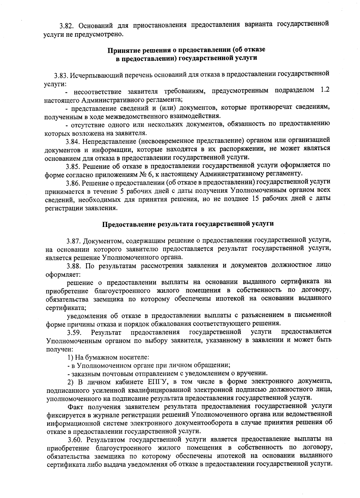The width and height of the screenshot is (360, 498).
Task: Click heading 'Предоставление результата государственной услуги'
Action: [x=188, y=224]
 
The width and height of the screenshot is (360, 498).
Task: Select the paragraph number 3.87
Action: [x=73, y=241]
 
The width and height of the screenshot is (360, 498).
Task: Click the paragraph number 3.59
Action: [x=73, y=332]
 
